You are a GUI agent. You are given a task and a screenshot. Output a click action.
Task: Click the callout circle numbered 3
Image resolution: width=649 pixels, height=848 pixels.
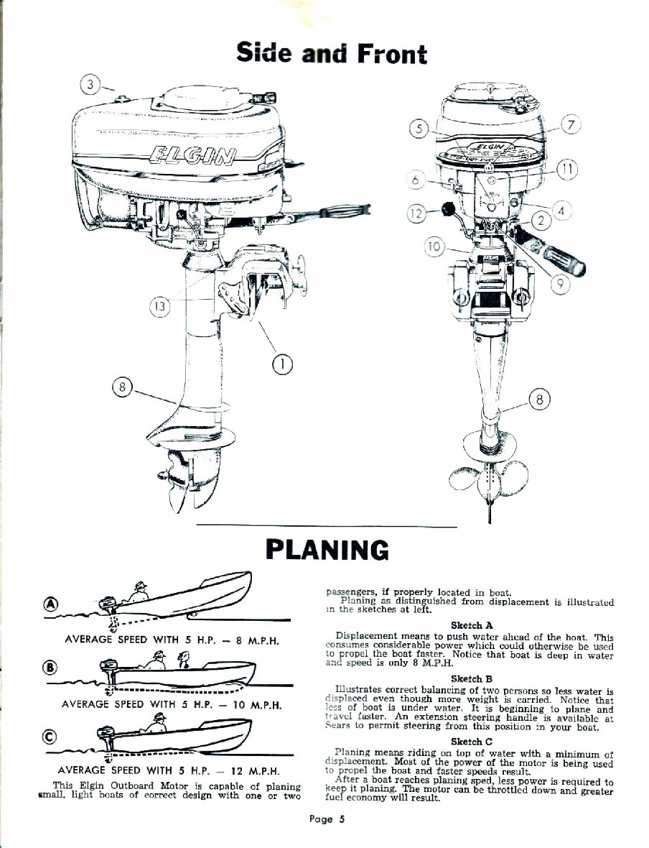[90, 85]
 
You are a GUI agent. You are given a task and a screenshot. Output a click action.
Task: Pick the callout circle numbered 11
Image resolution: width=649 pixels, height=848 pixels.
[567, 170]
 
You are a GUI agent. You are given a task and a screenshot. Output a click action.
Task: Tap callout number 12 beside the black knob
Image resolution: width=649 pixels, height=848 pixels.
[416, 213]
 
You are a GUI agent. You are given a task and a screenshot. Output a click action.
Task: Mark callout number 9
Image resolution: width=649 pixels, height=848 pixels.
[564, 282]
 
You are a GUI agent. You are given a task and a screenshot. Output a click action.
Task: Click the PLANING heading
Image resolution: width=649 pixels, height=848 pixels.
[327, 550]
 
